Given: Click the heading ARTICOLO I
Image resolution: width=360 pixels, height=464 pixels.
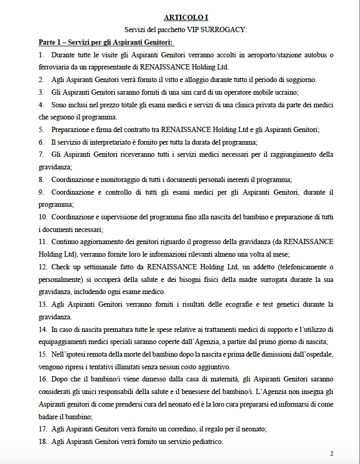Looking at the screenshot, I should pos(182,17).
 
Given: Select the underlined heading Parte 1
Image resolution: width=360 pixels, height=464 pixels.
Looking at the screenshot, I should pos(106,42).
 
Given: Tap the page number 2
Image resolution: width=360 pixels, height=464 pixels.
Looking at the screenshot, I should pos(332,453).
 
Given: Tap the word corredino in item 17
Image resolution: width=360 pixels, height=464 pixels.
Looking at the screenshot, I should pos(168,429).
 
